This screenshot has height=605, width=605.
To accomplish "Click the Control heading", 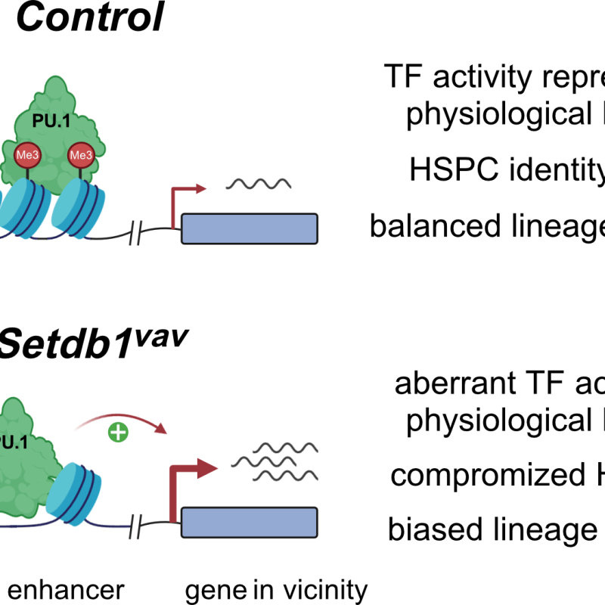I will pyautogui.click(x=89, y=17).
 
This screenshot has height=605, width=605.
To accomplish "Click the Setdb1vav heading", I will pyautogui.click(x=92, y=347).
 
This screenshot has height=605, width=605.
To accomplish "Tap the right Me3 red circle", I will pyautogui.click(x=79, y=156).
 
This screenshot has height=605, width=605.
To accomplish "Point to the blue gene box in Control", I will pyautogui.click(x=249, y=228).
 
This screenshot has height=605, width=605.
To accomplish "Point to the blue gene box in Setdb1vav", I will pyautogui.click(x=249, y=522).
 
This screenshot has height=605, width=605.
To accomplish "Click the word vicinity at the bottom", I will pyautogui.click(x=326, y=589).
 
